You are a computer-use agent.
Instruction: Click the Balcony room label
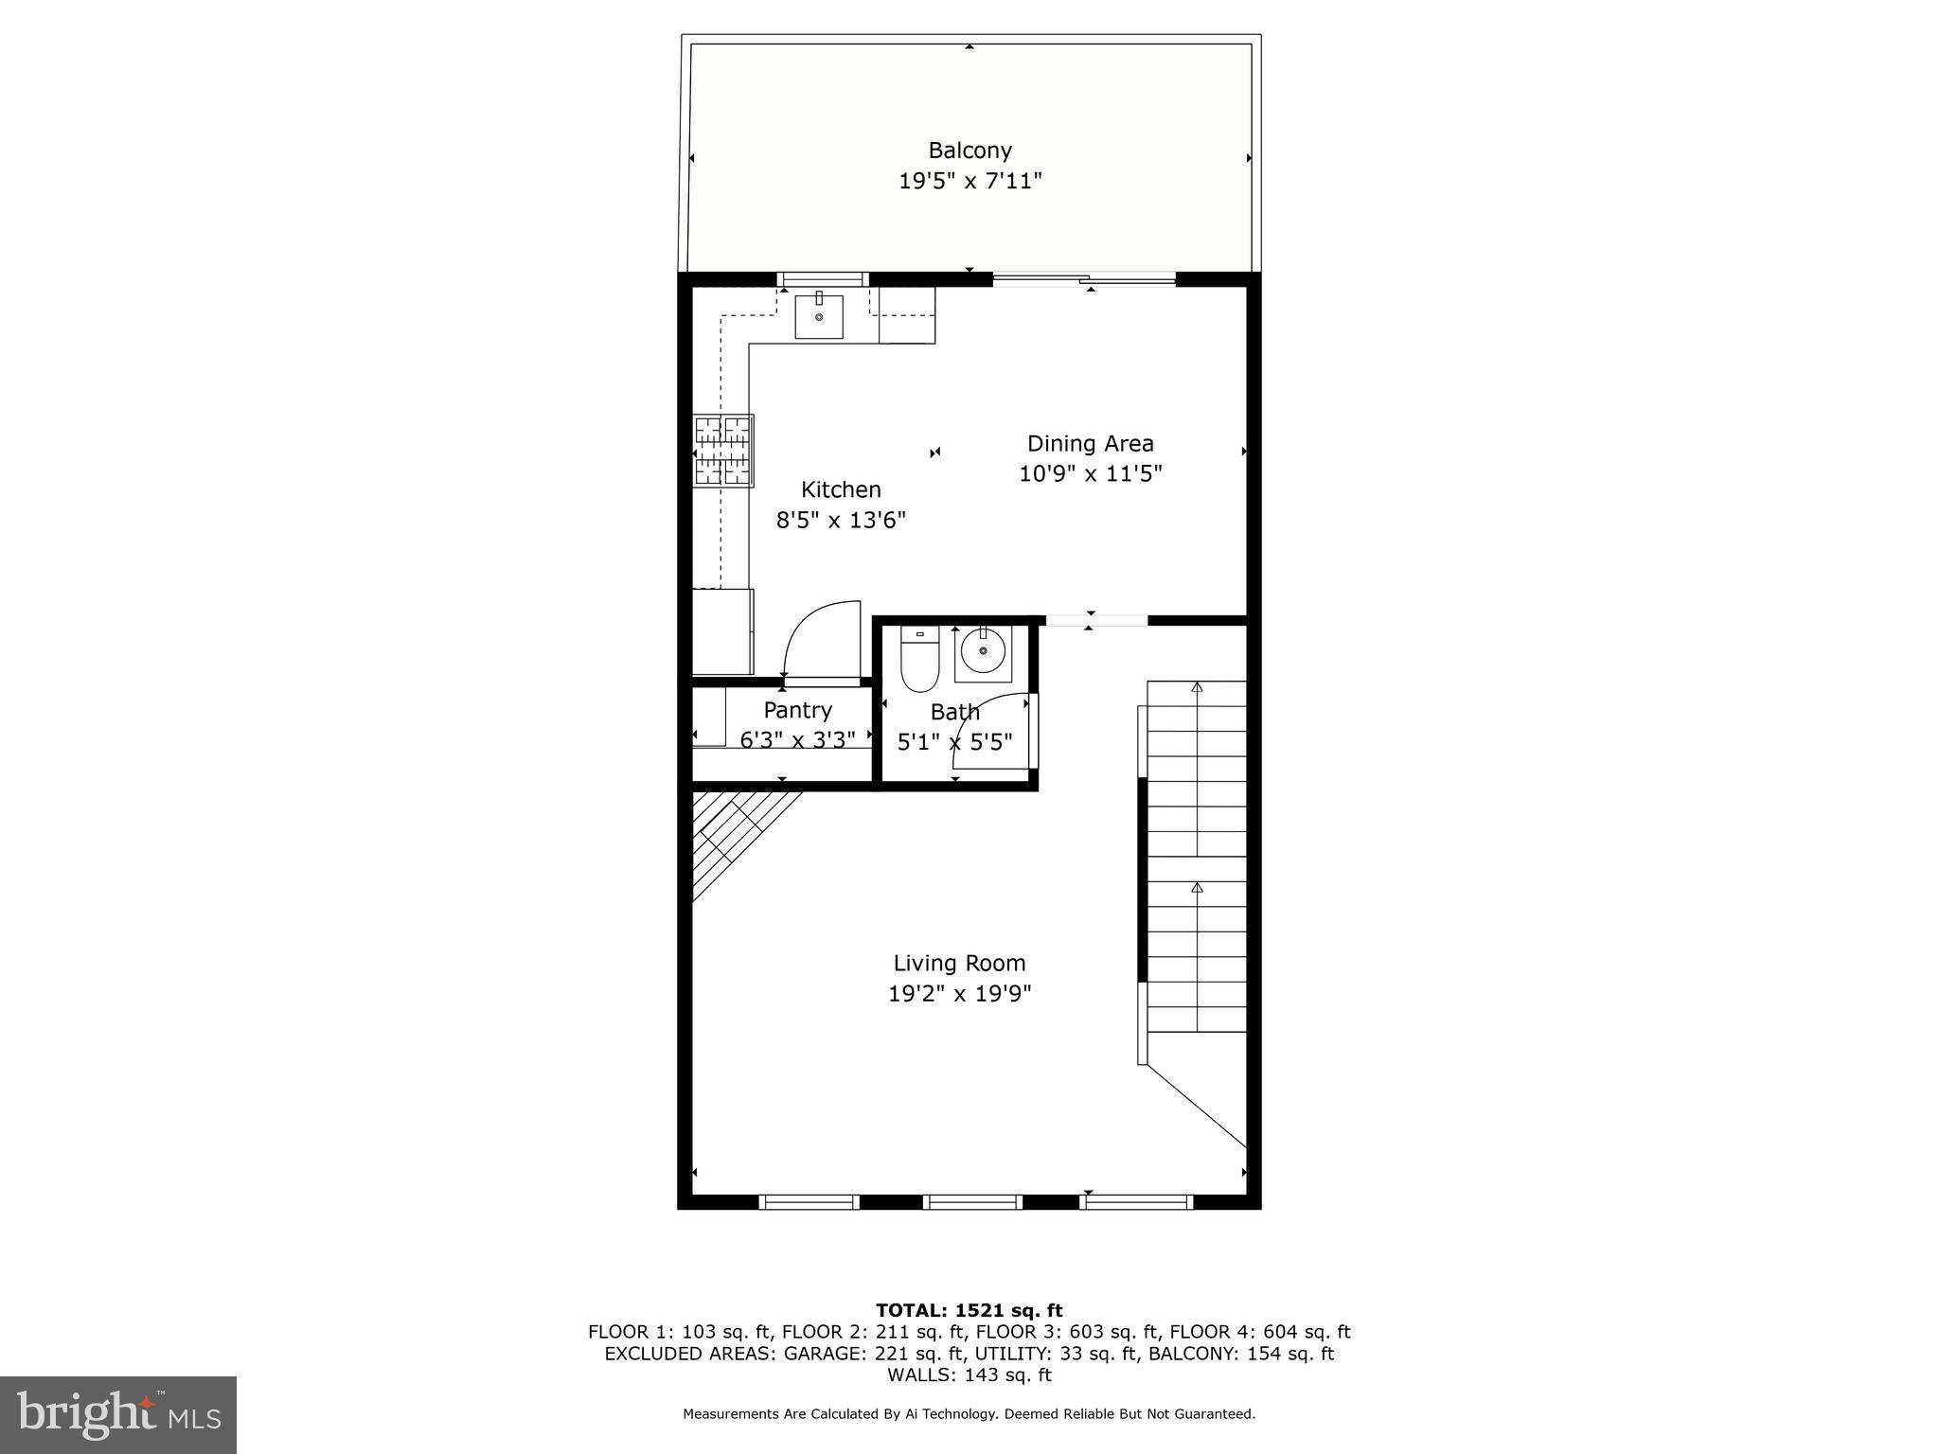coord(969,151)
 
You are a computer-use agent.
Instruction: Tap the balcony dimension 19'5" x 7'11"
coord(969,181)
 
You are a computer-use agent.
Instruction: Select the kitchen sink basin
coord(818,316)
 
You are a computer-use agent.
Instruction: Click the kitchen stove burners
coord(723,451)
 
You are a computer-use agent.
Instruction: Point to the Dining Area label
coord(1090,443)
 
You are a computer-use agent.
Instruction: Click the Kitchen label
coord(841,489)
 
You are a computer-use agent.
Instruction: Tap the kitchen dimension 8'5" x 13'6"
coord(841,520)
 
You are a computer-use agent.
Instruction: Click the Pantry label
coord(797,710)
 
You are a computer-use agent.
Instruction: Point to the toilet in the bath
coord(918,659)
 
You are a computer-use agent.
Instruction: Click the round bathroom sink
coord(983,651)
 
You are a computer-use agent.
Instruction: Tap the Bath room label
coord(954,712)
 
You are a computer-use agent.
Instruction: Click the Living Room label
coord(959,963)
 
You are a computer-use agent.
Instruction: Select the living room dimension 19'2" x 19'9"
coord(959,994)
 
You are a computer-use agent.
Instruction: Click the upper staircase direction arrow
coord(1197,687)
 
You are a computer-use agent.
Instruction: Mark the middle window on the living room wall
coord(972,1202)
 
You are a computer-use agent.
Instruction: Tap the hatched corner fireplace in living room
coord(733,838)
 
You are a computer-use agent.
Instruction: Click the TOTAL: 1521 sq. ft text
coord(969,1310)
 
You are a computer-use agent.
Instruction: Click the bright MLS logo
coord(118,1414)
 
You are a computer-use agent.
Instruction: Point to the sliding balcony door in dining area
coord(1084,278)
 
